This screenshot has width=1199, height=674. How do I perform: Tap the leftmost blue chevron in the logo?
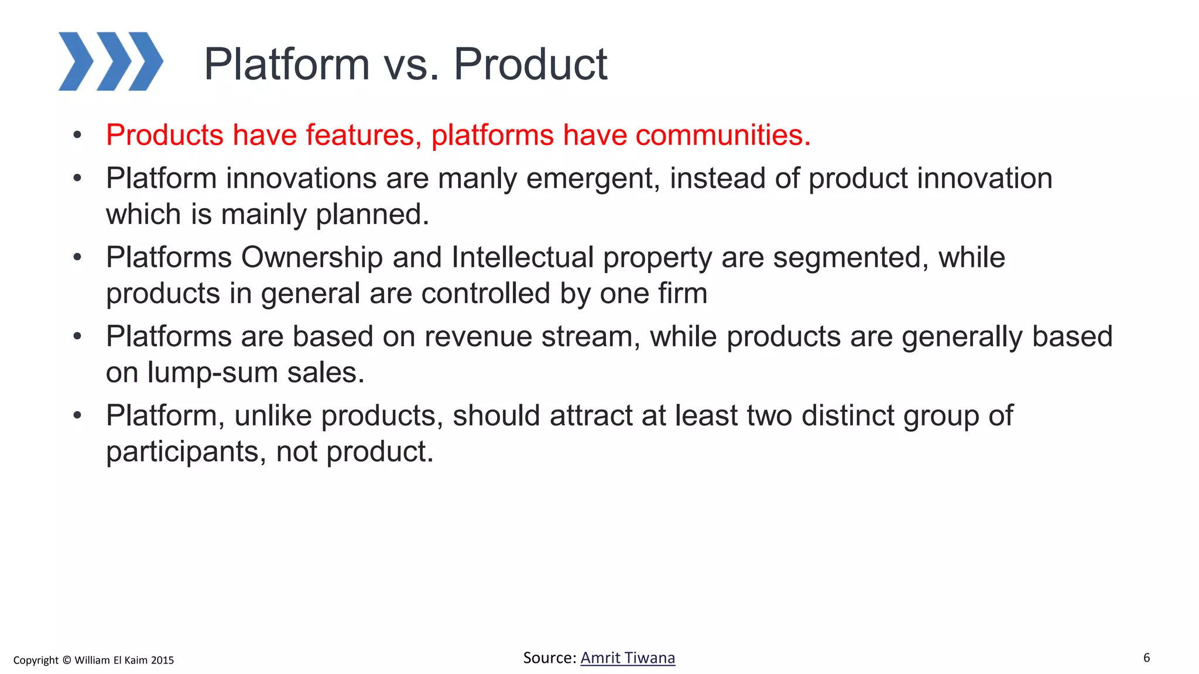click(76, 61)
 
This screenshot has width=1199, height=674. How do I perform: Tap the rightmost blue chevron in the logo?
click(146, 61)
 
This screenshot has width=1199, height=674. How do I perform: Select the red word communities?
click(722, 135)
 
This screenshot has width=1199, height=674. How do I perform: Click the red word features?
click(364, 135)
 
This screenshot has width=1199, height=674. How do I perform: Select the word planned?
click(372, 215)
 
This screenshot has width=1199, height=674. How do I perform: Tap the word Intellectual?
click(522, 257)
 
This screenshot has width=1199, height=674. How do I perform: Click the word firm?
click(683, 293)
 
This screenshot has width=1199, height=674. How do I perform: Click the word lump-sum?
click(212, 373)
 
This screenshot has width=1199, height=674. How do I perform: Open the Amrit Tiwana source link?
click(628, 658)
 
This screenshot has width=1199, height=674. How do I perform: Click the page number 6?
click(1146, 658)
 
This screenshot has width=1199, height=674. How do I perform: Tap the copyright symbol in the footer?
click(66, 660)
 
